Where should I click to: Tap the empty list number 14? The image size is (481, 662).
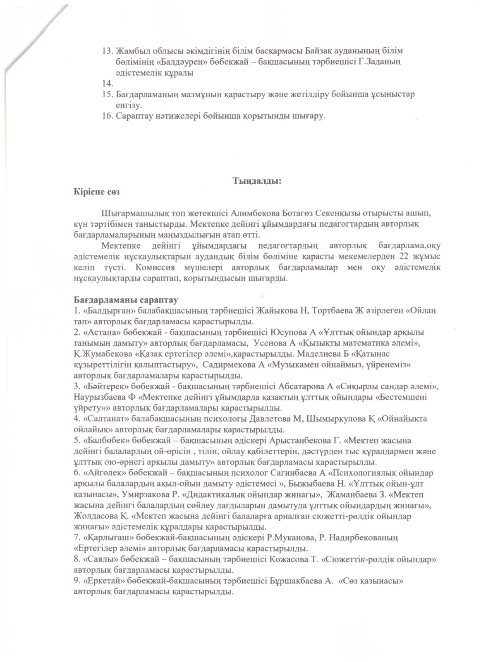click(x=107, y=84)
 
